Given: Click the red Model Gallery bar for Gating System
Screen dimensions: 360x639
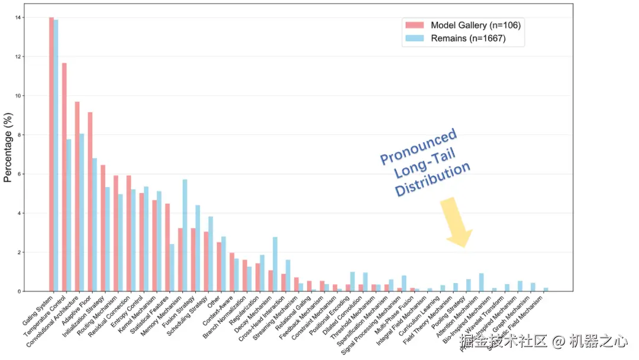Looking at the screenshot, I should [x=51, y=154].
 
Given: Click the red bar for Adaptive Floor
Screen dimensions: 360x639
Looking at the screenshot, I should [x=90, y=201].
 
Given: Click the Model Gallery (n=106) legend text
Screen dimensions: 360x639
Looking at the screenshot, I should [x=475, y=25].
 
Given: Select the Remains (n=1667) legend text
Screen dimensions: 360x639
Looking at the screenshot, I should [x=468, y=40].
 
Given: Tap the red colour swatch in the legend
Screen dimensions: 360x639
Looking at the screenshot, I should [x=414, y=25].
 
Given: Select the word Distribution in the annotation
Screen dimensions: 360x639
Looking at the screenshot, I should [x=433, y=180].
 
